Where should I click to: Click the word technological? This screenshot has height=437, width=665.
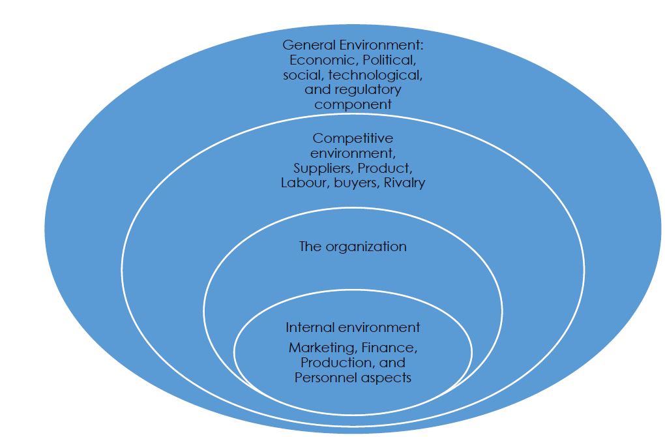[x=379, y=75]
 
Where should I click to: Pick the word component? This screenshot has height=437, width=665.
[x=353, y=104]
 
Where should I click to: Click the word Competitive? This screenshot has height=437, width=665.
[x=353, y=138]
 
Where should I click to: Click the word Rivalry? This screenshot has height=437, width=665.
[x=404, y=183]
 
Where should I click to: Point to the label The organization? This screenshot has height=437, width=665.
[x=353, y=247]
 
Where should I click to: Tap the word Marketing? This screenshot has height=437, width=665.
[x=319, y=348]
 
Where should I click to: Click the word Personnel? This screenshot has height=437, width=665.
[x=323, y=377]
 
